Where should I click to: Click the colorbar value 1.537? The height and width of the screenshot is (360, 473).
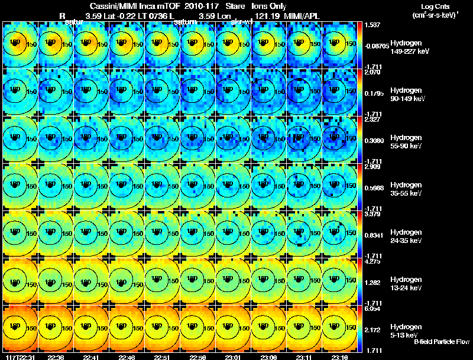pos(373,25)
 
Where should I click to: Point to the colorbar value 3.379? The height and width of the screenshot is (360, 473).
pos(373,215)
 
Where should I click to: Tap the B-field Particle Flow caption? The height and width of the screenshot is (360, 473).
pos(442,342)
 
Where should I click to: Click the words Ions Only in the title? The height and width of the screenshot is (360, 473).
pos(270,5)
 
